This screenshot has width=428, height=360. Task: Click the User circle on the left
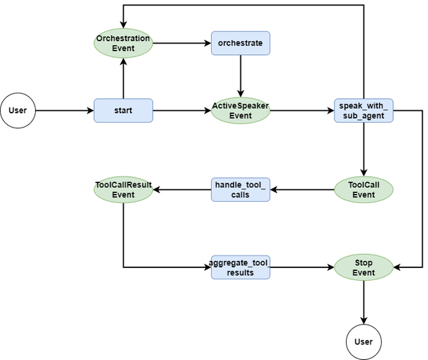(x=18, y=110)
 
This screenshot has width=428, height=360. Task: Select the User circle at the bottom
(x=364, y=341)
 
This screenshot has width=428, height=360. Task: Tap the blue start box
(x=123, y=110)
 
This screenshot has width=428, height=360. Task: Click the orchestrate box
(x=240, y=43)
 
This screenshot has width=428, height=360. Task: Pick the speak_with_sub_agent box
(x=364, y=110)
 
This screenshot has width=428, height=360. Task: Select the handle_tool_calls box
(x=240, y=190)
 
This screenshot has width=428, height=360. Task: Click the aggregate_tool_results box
(x=240, y=267)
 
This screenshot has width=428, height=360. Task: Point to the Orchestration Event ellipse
(x=123, y=43)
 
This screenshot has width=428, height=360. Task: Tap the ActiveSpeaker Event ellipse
(x=240, y=110)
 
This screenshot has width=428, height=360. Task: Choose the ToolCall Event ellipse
(x=364, y=190)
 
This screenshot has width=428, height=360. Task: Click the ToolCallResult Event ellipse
(x=123, y=190)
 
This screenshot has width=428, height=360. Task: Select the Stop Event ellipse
(x=364, y=267)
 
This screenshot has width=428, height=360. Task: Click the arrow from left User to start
(x=64, y=110)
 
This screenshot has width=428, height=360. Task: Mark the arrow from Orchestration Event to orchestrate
(x=182, y=43)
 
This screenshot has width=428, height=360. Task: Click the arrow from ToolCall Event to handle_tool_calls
(x=303, y=190)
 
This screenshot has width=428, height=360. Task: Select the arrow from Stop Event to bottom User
(x=364, y=304)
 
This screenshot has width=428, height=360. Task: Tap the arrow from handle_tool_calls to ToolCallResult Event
(x=182, y=190)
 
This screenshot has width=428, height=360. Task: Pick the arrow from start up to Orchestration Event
(x=123, y=79)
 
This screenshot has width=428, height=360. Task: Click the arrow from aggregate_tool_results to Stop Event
(x=303, y=267)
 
